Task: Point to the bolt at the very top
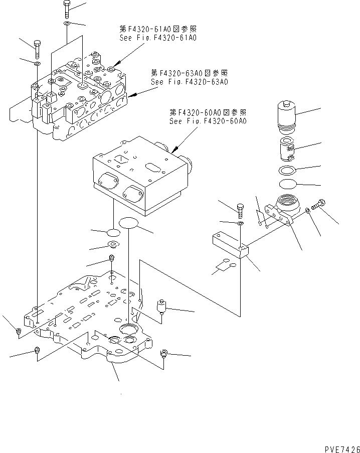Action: pos(67,10)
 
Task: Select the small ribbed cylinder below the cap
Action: pos(288,149)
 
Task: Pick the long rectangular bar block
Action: pos(228,244)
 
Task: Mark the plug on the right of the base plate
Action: pos(162,306)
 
